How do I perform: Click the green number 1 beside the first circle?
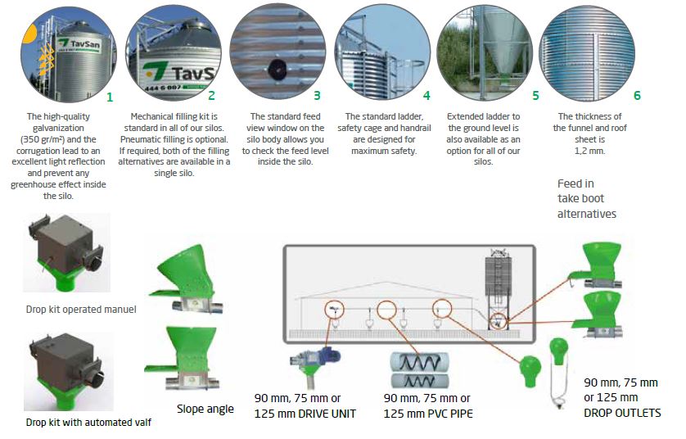(110, 97)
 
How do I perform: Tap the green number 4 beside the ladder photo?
(426, 95)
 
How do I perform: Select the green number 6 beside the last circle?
(637, 95)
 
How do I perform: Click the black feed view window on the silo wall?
(278, 69)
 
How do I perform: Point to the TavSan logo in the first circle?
(79, 43)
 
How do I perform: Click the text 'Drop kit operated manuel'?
(81, 310)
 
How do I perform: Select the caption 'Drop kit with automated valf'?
(88, 423)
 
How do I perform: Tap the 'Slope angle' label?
(205, 409)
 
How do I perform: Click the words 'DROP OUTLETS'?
(622, 413)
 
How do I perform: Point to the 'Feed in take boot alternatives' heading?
(587, 199)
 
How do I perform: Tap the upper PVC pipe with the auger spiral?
(419, 362)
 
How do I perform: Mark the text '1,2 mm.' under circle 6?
(589, 151)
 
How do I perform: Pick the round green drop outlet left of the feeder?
(530, 371)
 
